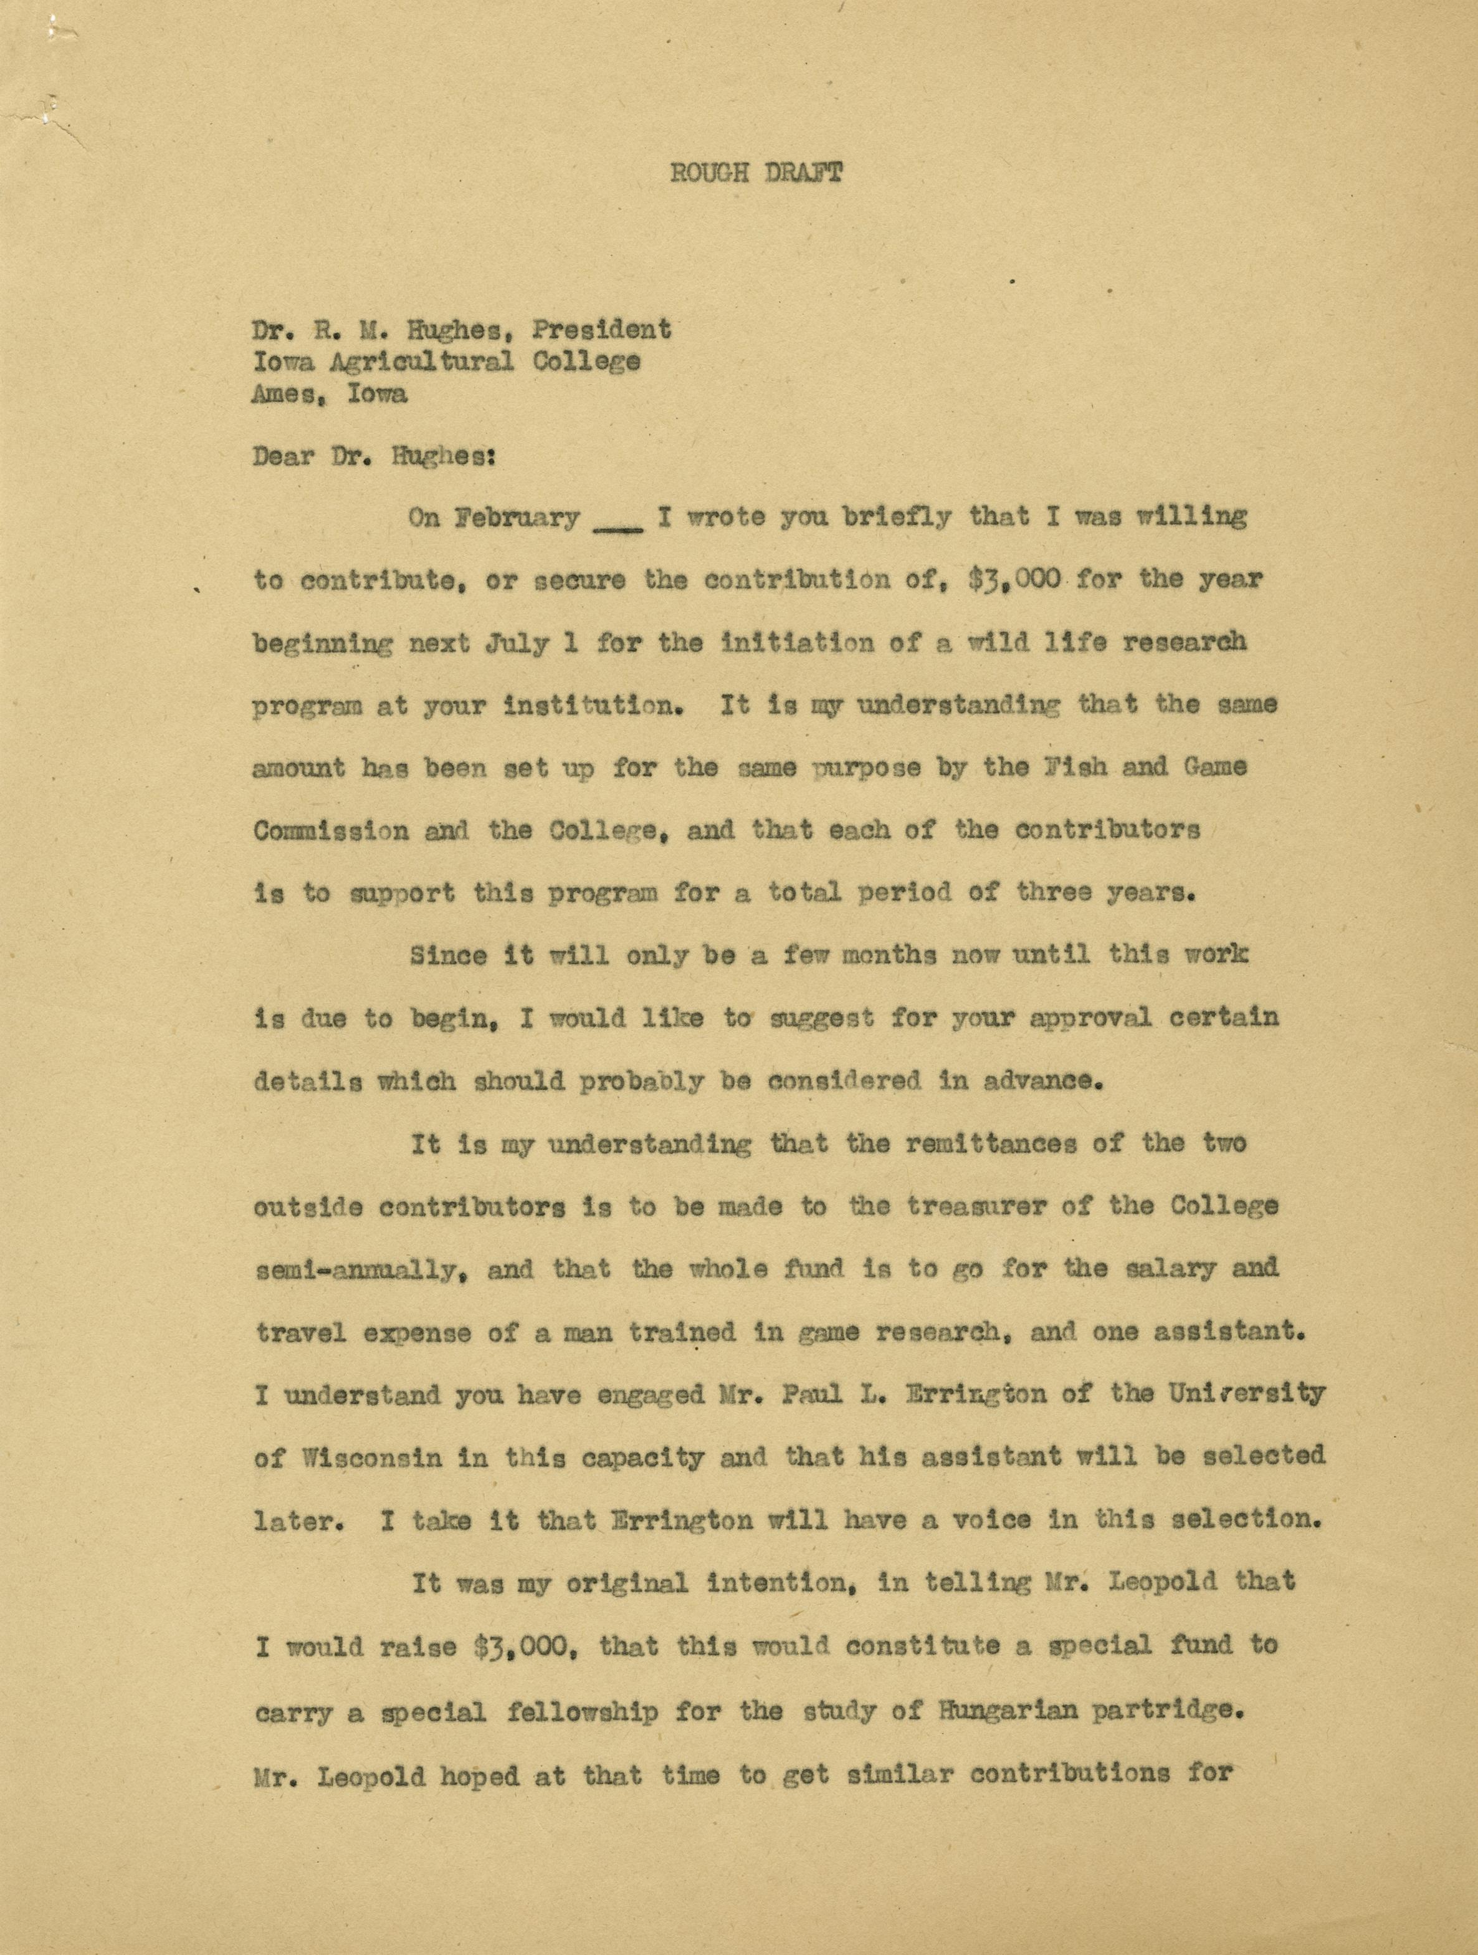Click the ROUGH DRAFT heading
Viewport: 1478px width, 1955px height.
[x=755, y=173]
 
